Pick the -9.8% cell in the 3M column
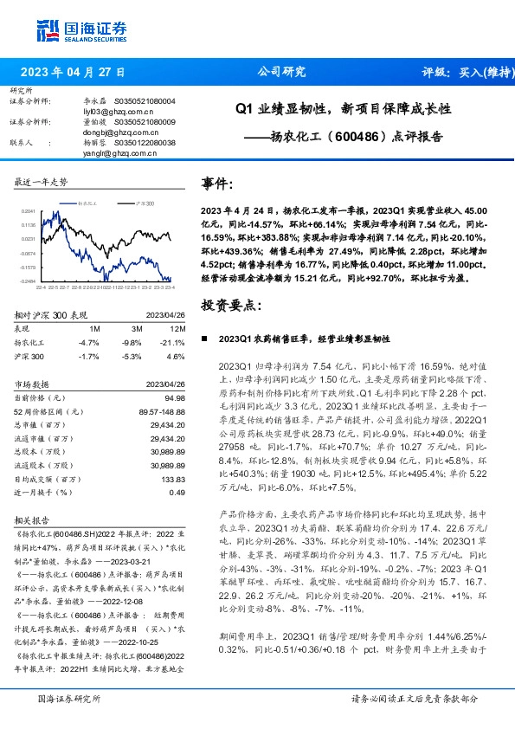tap(131, 342)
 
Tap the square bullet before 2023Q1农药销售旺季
tap(204, 339)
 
